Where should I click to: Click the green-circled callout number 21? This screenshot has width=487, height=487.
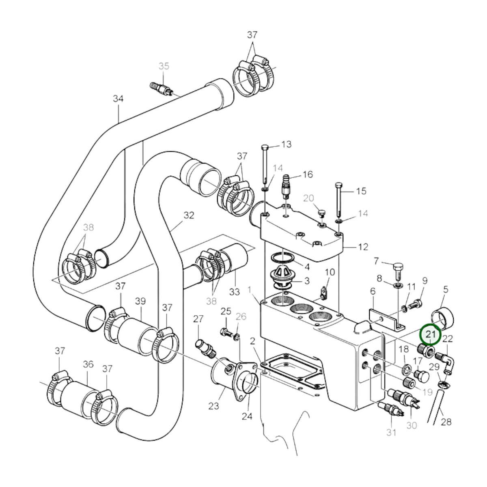pyautogui.click(x=431, y=334)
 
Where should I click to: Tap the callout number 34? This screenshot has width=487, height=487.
pyautogui.click(x=118, y=99)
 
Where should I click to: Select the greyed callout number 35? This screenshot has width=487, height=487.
pyautogui.click(x=164, y=66)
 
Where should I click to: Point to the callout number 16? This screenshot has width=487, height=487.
pyautogui.click(x=308, y=175)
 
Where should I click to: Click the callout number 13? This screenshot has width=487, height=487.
pyautogui.click(x=287, y=144)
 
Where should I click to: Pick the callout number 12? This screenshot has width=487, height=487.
pyautogui.click(x=363, y=247)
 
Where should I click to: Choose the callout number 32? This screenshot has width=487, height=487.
pyautogui.click(x=189, y=215)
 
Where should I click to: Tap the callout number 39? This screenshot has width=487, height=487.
pyautogui.click(x=140, y=301)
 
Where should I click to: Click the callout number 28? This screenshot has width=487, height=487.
pyautogui.click(x=446, y=422)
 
